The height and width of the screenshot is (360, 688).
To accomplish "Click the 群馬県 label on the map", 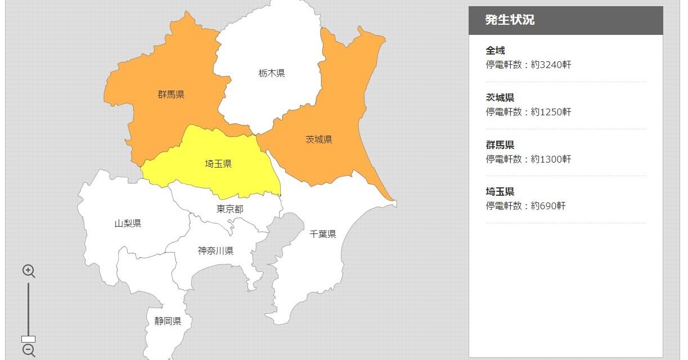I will [171, 94].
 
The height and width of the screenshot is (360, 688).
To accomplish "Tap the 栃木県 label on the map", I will [272, 73].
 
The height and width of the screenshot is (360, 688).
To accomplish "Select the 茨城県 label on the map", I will [319, 139].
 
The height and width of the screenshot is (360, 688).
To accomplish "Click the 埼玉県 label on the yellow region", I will [218, 164].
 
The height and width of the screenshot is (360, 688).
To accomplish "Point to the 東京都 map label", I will [230, 209].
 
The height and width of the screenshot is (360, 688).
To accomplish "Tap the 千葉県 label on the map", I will [323, 234].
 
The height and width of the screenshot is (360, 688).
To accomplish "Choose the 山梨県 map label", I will [128, 224].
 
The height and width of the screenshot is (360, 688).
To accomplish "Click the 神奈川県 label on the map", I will [215, 251].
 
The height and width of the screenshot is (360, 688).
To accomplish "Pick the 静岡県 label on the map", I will [168, 321].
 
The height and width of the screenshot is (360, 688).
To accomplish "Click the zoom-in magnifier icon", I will [29, 271].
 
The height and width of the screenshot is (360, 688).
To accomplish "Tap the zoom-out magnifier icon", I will [29, 350].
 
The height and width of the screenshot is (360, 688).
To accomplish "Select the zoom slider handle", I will [28, 339].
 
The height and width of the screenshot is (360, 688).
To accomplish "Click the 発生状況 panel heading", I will [510, 20].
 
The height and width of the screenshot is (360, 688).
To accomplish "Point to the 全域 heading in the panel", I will [495, 51].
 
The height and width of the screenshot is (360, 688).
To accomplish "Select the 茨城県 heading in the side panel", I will [500, 98].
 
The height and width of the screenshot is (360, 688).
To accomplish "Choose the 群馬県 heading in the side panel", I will [500, 145].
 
